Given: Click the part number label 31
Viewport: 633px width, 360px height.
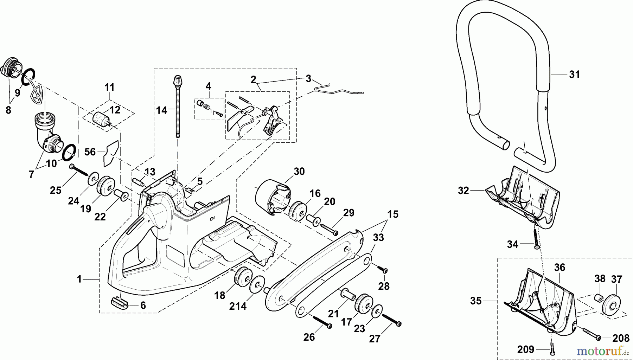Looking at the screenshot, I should [x=574, y=75].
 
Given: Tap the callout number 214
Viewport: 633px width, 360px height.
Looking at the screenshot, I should [x=238, y=306].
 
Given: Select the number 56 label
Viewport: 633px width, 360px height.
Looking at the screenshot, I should [x=90, y=152].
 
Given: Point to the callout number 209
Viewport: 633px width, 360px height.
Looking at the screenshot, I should [x=526, y=349].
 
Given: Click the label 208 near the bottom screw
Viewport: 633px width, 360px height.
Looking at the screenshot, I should [x=620, y=338].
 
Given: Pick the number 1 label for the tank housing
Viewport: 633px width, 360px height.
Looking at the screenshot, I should [x=79, y=279].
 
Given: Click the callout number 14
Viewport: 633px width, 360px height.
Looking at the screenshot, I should [x=162, y=110].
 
